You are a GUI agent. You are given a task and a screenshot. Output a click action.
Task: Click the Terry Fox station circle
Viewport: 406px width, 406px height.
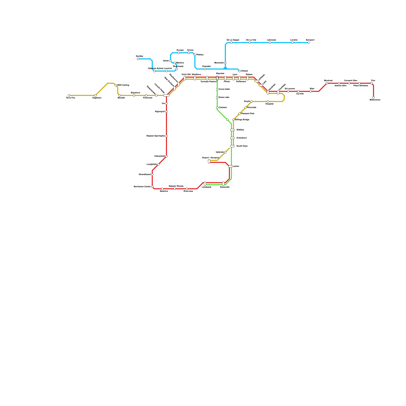point(69,95)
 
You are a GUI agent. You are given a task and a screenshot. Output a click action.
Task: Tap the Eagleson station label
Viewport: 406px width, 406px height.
point(97,98)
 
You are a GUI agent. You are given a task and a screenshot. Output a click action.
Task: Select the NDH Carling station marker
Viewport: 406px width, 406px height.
point(116,85)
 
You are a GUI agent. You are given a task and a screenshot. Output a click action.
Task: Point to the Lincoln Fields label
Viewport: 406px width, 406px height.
point(160,88)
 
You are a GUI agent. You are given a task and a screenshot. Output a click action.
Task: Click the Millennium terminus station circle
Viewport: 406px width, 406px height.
point(374,97)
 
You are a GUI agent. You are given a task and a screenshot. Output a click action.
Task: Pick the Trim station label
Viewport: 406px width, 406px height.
point(373,80)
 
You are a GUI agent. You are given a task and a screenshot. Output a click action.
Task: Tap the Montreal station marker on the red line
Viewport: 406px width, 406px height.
point(327,83)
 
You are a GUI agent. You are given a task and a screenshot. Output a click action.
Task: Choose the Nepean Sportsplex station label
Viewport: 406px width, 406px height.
point(156,136)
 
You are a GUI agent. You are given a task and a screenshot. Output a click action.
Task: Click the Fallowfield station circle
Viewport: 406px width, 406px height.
point(166,156)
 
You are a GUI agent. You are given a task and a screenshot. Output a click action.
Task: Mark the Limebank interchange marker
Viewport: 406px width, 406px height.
point(205,183)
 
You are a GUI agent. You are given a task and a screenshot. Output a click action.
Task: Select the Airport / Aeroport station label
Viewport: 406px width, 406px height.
point(211,158)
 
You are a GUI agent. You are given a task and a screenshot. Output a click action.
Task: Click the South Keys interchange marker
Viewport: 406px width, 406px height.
point(232,146)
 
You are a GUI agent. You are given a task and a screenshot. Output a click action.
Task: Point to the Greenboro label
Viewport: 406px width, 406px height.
point(242,138)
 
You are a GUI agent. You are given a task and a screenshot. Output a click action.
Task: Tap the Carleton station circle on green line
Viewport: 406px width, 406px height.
point(217,108)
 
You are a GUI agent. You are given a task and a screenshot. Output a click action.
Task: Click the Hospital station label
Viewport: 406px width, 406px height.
point(269,104)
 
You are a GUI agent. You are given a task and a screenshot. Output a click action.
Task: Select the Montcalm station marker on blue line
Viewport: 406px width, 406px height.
point(225,63)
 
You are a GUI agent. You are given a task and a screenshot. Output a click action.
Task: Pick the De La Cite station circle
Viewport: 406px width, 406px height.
point(250,43)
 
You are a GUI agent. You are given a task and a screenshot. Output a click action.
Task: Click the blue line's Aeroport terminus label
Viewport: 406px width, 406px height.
point(310,40)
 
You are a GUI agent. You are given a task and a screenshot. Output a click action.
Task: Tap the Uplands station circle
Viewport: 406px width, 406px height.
point(225,152)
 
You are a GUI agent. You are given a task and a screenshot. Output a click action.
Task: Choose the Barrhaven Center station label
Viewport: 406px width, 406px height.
point(142,187)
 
